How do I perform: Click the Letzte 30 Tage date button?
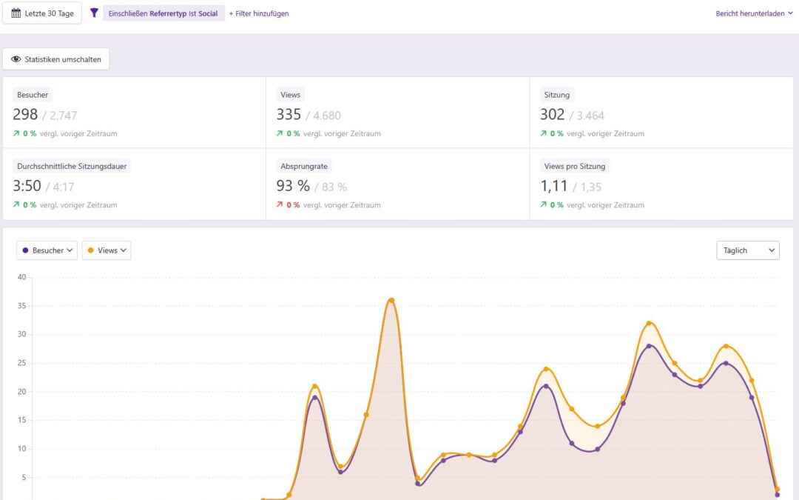(42, 13)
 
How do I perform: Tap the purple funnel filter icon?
(94, 13)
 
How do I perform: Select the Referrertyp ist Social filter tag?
(163, 13)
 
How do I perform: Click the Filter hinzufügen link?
(259, 13)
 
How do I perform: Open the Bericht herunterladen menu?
(754, 13)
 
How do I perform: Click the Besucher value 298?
(25, 114)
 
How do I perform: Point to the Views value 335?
(289, 114)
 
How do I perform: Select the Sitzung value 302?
(553, 114)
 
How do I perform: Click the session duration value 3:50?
(27, 186)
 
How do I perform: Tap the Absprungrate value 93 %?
(293, 186)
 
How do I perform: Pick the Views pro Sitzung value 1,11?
(555, 186)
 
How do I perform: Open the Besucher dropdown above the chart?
(47, 250)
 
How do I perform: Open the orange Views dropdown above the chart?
(107, 250)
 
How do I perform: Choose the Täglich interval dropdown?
(747, 250)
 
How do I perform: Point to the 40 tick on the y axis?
(21, 278)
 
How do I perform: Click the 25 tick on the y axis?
(21, 363)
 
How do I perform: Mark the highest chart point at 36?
(391, 300)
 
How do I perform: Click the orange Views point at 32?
(649, 323)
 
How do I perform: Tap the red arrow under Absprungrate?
(280, 205)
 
